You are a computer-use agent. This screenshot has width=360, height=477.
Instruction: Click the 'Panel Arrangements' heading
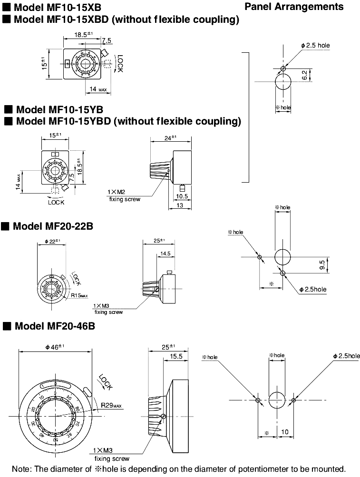[x=293, y=7]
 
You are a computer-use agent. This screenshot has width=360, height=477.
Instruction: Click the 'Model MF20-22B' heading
[x=52, y=226]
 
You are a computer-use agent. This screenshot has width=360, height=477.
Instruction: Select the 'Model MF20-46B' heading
[x=55, y=326]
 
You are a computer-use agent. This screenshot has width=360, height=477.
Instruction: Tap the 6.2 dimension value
[x=318, y=75]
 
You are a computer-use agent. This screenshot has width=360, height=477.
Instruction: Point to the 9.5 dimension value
[x=322, y=264]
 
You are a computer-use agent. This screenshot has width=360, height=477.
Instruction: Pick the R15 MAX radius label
[x=79, y=295]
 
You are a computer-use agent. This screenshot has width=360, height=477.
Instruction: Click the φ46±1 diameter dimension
[x=54, y=347]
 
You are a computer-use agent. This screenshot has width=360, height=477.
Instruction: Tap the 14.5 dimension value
[x=165, y=254]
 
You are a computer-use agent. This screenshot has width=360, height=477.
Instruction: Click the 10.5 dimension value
[x=181, y=195]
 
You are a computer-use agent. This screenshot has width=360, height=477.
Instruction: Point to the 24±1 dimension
[x=170, y=138]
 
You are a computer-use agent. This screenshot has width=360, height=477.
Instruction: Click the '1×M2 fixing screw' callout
[x=125, y=196]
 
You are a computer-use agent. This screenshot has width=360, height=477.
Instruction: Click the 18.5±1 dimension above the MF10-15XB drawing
[x=83, y=34]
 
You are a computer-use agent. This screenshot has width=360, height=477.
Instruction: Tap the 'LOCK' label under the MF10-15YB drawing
[x=56, y=202]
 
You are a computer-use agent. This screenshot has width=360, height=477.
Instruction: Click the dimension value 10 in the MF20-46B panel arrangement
[x=285, y=433]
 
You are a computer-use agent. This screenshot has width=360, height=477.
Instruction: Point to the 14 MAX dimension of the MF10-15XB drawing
[x=98, y=89]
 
